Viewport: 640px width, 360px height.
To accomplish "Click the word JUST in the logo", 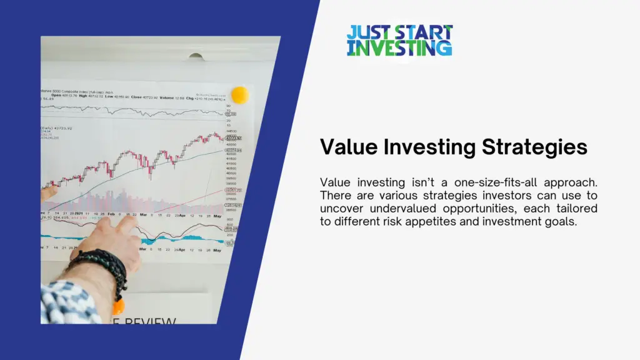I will (x=366, y=32).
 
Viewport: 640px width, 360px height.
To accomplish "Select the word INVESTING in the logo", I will (x=399, y=47).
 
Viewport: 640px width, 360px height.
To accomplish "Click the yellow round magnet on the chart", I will (x=239, y=95).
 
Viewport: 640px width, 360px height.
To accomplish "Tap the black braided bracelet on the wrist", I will (x=106, y=263).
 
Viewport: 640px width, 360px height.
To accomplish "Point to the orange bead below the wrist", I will (x=117, y=306).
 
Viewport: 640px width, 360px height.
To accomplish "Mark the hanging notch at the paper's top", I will (x=196, y=57).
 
